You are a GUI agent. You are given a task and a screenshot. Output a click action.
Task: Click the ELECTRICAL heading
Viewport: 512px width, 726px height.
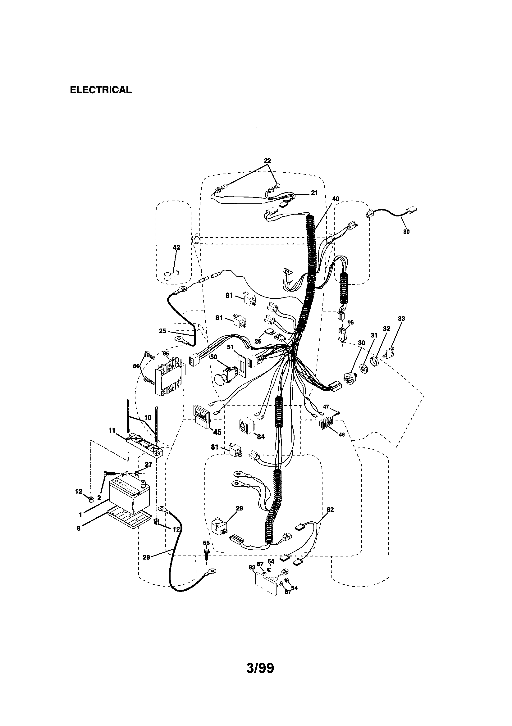click(101, 90)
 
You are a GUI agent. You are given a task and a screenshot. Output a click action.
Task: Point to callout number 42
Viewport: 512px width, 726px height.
click(176, 247)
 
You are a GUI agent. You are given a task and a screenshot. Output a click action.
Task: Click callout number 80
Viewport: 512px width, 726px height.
click(406, 232)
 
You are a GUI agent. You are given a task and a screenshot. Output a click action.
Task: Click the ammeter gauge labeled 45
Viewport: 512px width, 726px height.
click(200, 417)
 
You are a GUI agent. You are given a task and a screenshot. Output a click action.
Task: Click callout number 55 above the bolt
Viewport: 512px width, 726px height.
click(206, 542)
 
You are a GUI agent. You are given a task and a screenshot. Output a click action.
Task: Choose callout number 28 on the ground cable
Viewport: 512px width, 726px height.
click(146, 557)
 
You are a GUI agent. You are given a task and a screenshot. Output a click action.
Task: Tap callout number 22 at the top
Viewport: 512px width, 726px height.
click(267, 160)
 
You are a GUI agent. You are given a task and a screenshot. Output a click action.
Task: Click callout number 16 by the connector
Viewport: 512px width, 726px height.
click(350, 322)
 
